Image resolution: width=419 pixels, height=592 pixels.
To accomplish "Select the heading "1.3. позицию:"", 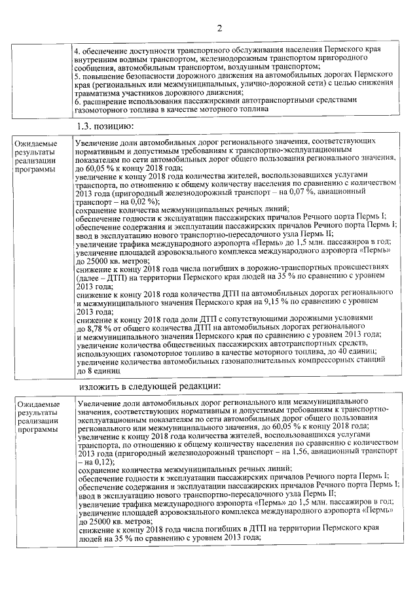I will coord(105,125).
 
